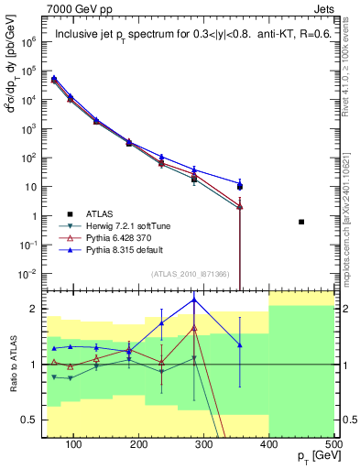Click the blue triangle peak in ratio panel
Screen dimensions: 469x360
(193, 300)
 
